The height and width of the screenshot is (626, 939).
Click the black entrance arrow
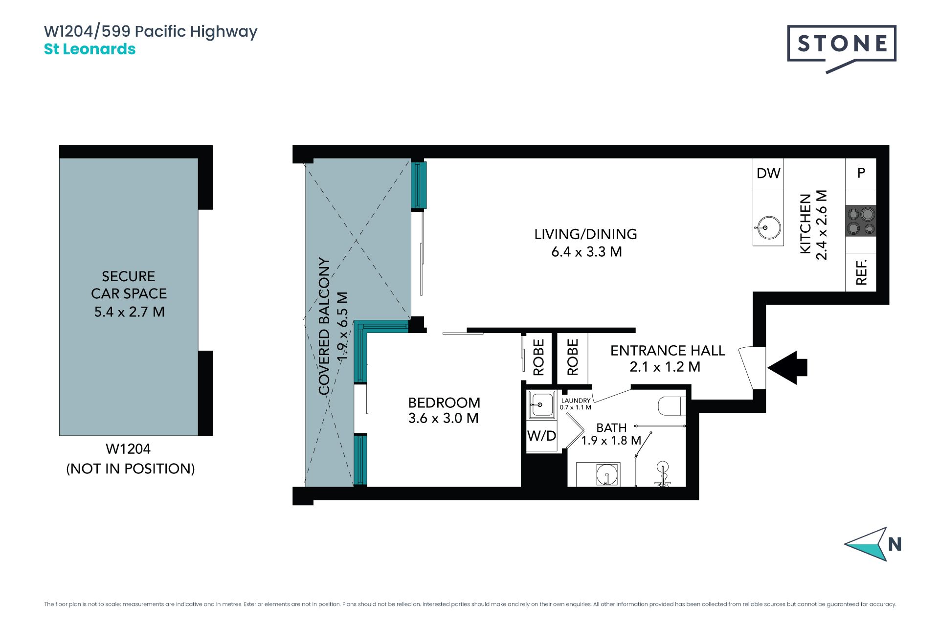point(787,367)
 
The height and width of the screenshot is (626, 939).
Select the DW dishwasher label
point(768,173)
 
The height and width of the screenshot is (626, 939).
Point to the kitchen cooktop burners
point(861,221)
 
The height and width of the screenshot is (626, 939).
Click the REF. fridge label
point(861,272)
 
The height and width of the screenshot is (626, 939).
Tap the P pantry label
point(861,173)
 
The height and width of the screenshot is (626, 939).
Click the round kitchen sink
point(768,227)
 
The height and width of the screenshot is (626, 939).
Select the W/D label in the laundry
point(542,436)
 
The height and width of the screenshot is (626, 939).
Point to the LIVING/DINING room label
point(586,234)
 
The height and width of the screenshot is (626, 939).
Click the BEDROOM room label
point(444,402)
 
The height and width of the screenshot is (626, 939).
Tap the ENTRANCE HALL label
point(668,351)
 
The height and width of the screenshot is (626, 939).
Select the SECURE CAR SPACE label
point(129,285)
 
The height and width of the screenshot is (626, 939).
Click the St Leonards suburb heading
point(90,49)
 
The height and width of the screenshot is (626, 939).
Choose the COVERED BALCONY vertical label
point(324,326)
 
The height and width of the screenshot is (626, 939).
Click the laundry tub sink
point(541,405)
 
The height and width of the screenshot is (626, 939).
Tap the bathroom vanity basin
point(607,474)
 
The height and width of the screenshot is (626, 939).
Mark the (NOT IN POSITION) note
point(131,469)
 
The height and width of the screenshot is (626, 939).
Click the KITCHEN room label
point(805,224)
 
